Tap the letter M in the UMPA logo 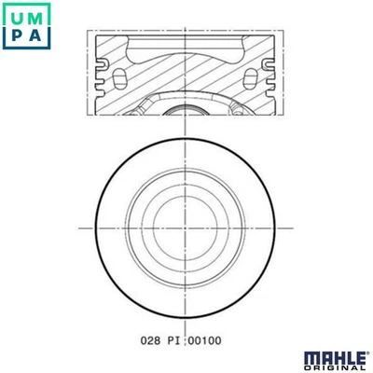(x=36, y=16)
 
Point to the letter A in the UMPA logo (x=36, y=36)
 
